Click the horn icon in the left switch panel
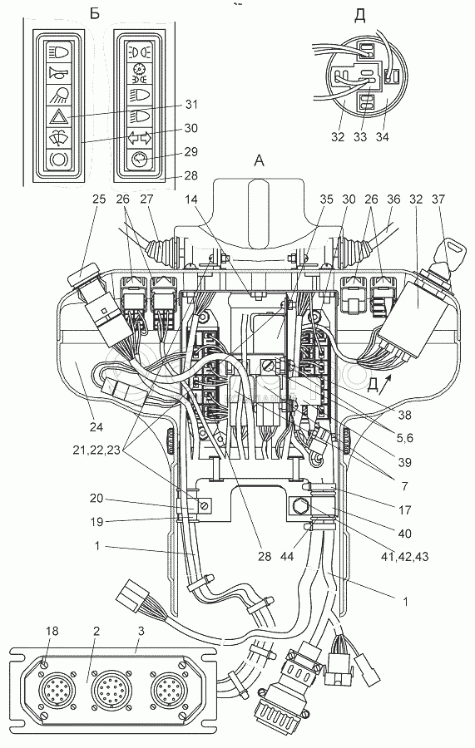click(x=59, y=73)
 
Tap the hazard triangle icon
click(x=59, y=116)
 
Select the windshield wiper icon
click(x=59, y=137)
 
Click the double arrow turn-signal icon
click(x=140, y=137)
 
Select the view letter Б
click(x=95, y=14)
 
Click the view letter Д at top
click(x=360, y=15)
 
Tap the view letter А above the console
click(x=258, y=162)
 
